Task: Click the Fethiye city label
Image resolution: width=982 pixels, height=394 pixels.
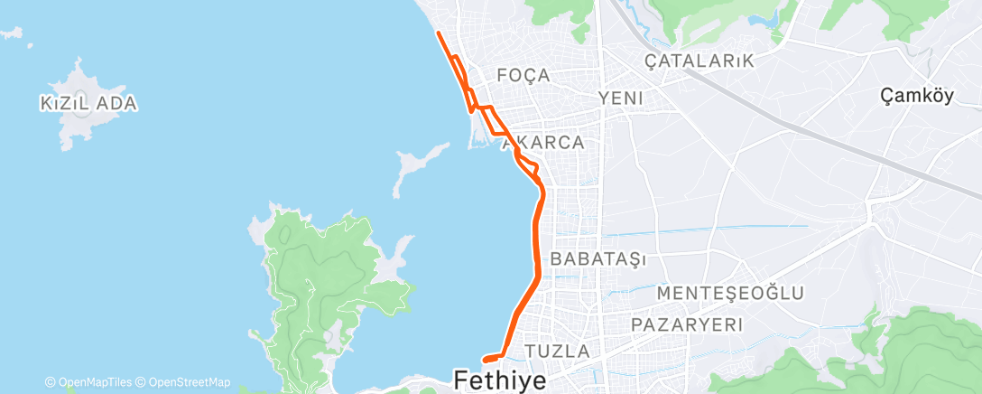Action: click(x=501, y=380)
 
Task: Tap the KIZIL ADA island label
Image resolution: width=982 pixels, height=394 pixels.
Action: click(x=88, y=104)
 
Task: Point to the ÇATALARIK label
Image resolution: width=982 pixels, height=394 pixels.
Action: click(x=699, y=61)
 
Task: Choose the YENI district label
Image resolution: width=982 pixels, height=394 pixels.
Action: click(x=620, y=98)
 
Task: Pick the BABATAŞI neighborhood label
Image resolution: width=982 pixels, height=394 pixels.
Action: click(x=598, y=259)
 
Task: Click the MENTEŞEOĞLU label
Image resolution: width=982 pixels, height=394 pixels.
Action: click(x=731, y=293)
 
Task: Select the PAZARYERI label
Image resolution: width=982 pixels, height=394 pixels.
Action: click(x=687, y=324)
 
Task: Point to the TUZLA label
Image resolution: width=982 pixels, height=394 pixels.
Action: click(x=557, y=351)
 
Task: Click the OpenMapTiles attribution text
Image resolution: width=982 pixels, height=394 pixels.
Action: click(x=93, y=382)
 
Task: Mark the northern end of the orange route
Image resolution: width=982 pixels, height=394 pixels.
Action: click(x=439, y=33)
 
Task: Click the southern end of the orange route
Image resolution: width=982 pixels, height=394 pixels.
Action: click(x=486, y=359)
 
